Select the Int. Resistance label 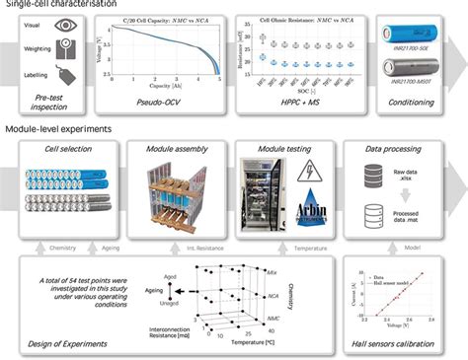[x=191, y=240]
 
